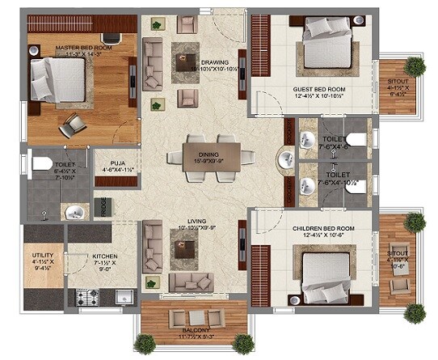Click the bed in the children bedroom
[x=327, y=273]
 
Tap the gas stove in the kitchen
[x=87, y=297]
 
